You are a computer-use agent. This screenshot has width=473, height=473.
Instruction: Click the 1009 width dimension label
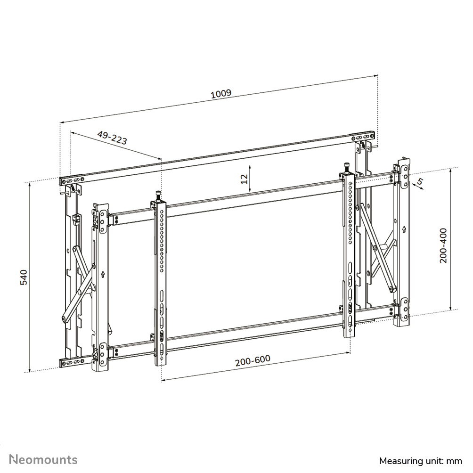[x=220, y=93]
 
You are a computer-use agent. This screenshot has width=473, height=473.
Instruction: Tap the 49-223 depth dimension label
[x=112, y=138]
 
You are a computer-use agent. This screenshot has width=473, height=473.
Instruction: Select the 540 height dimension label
[x=24, y=277]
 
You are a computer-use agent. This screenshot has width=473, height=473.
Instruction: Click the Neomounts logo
[x=44, y=459]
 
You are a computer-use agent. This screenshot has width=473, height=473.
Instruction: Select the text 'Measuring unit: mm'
[x=420, y=460]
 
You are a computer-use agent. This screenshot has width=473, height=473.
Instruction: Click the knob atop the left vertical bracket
[x=157, y=195]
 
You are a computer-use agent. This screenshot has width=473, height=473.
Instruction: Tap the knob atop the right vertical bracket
[x=346, y=167]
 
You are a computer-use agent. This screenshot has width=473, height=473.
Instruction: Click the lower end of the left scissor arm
[x=63, y=319]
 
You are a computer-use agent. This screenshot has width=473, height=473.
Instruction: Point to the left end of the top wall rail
[x=62, y=180]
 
